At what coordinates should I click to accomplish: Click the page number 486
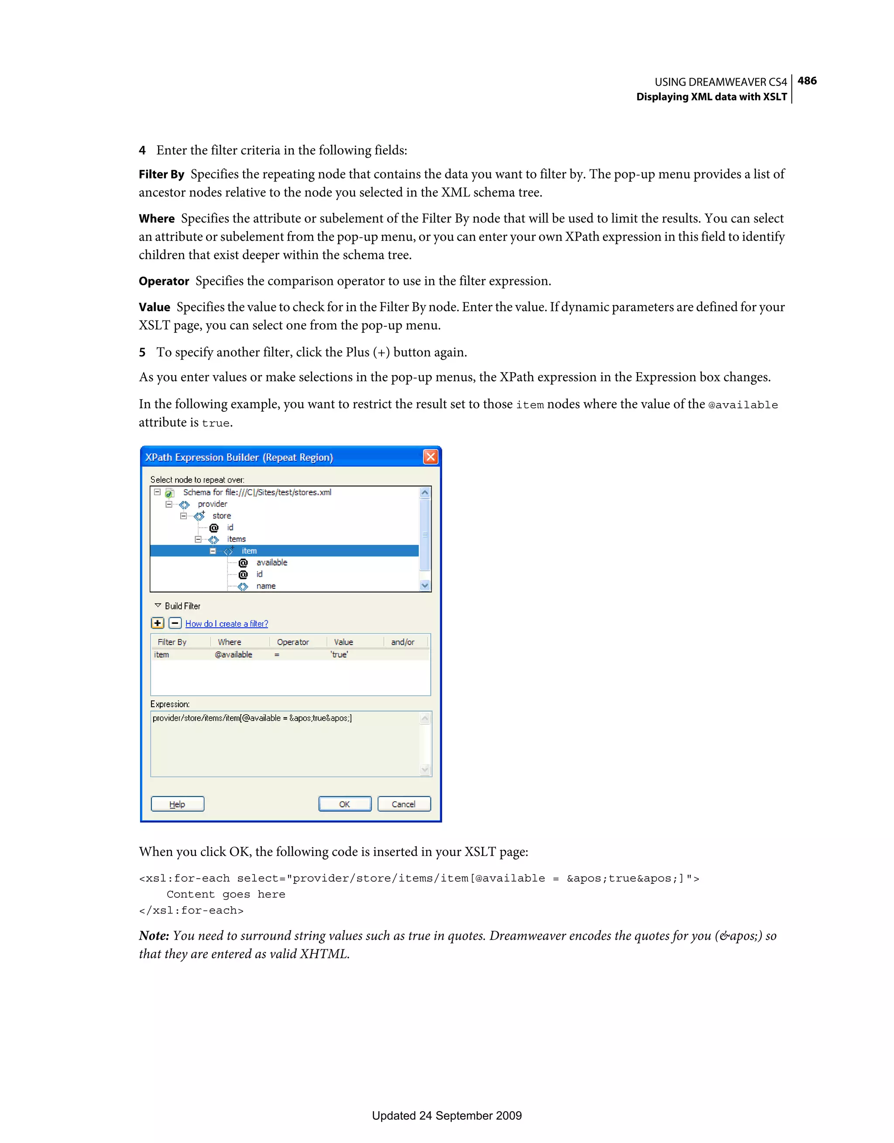pyautogui.click(x=807, y=81)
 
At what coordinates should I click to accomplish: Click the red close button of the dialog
pyautogui.click(x=430, y=457)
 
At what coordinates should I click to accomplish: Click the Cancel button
pyautogui.click(x=404, y=804)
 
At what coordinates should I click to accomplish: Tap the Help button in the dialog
pyautogui.click(x=178, y=804)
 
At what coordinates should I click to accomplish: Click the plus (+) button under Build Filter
pyautogui.click(x=158, y=623)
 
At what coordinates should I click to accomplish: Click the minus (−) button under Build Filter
pyautogui.click(x=175, y=623)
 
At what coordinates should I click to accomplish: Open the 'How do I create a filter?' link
pyautogui.click(x=227, y=624)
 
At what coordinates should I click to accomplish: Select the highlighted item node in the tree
pyautogui.click(x=249, y=551)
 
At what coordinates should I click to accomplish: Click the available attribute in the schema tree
pyautogui.click(x=272, y=563)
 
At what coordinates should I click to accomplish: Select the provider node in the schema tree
pyautogui.click(x=212, y=504)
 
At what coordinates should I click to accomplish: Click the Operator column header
pyautogui.click(x=293, y=642)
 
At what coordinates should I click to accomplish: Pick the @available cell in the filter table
pyautogui.click(x=234, y=655)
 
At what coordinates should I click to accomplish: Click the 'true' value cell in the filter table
pyautogui.click(x=339, y=655)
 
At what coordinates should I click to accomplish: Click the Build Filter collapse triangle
pyautogui.click(x=158, y=606)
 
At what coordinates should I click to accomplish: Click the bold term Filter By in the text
pyautogui.click(x=162, y=174)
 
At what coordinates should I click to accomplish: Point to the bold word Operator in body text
pyautogui.click(x=163, y=281)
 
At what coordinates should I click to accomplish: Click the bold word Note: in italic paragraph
pyautogui.click(x=154, y=936)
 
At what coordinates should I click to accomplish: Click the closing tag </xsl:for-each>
pyautogui.click(x=191, y=910)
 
